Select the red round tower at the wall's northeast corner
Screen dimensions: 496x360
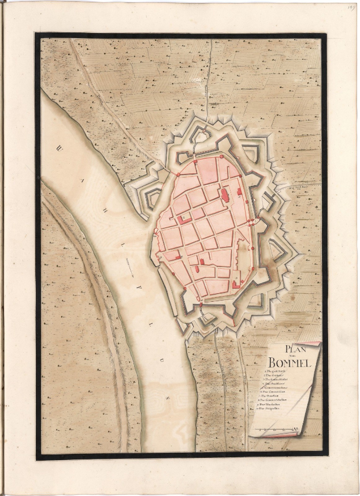221,156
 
